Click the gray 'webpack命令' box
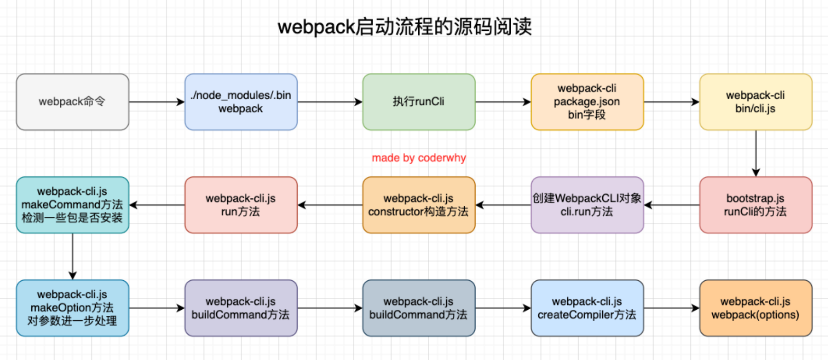[73, 102]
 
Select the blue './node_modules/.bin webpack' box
[241, 102]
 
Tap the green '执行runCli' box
[419, 102]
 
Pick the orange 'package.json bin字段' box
[587, 102]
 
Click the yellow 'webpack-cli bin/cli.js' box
[755, 102]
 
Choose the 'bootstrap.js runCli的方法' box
[755, 205]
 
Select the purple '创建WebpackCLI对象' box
[587, 205]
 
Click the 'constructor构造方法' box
[419, 205]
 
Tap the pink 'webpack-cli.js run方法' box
[241, 205]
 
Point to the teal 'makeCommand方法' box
[73, 205]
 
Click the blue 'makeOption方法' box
[73, 308]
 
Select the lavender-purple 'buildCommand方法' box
[241, 308]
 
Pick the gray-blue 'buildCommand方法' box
[419, 308]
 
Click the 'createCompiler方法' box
[587, 308]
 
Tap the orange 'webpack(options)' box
[755, 308]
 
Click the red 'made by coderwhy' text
[419, 158]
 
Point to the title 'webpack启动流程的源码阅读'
[405, 27]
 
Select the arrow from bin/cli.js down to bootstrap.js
[756, 153]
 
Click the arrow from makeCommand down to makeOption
[73, 256]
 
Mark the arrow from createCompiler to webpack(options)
[672, 308]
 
